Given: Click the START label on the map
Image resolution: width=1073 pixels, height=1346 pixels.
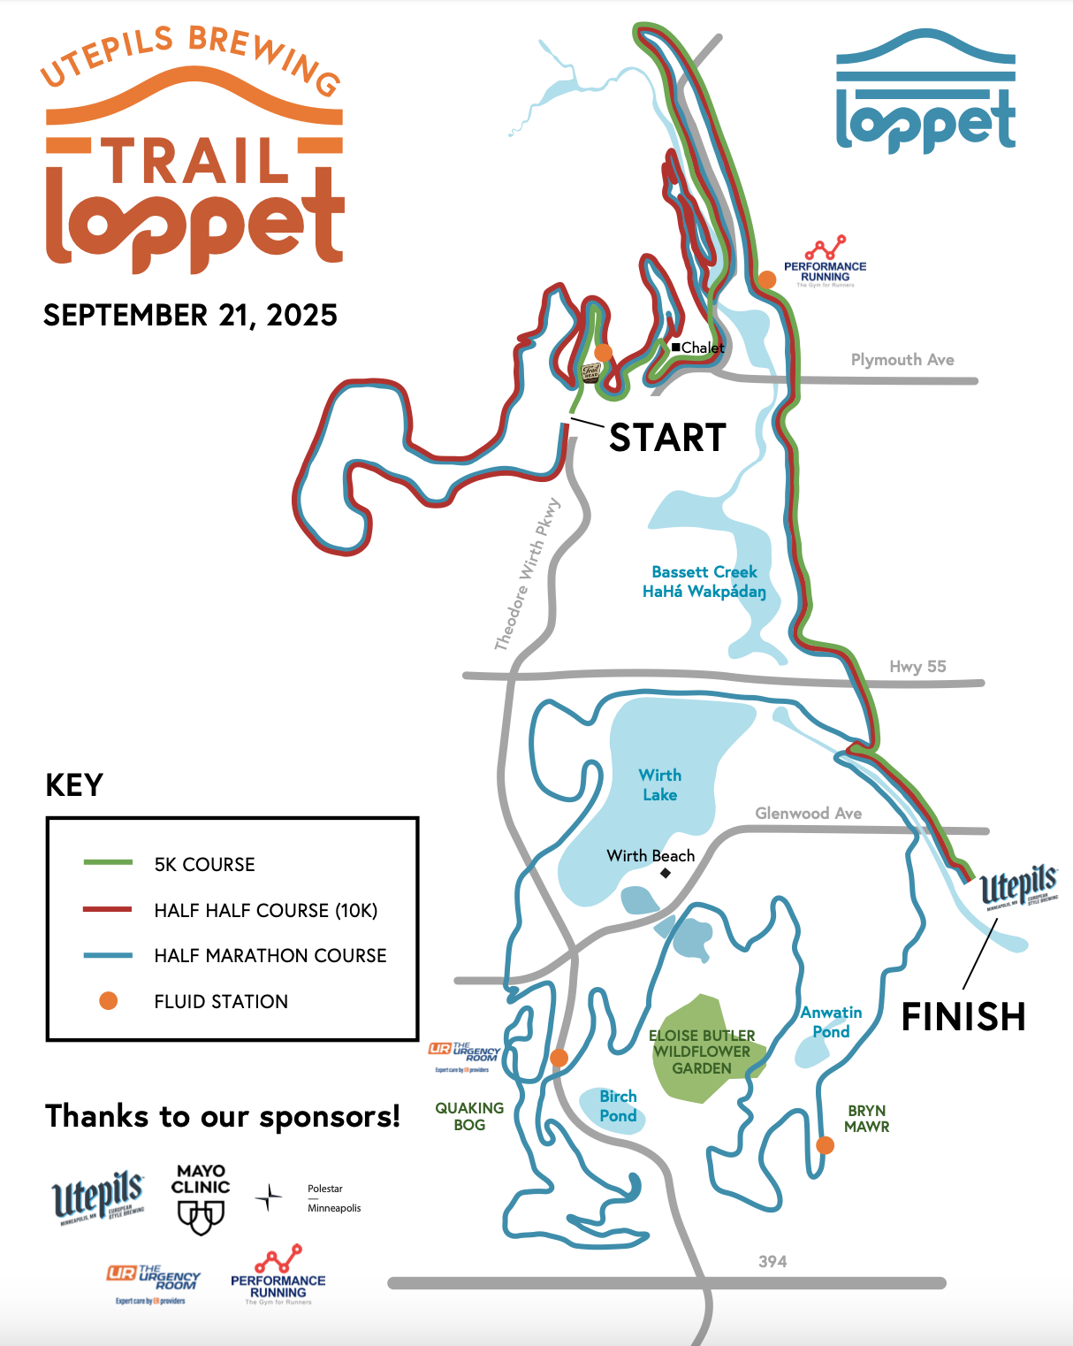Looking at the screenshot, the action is point(667,438).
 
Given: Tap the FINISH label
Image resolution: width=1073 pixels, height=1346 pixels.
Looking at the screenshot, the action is point(963,1017).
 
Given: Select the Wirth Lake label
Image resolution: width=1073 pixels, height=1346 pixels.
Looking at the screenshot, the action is point(659,784).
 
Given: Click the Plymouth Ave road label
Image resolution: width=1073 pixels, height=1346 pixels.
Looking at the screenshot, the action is point(902,360).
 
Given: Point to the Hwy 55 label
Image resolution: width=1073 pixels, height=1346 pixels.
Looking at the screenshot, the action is point(917,667).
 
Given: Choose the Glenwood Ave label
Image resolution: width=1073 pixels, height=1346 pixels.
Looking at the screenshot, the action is point(808,813).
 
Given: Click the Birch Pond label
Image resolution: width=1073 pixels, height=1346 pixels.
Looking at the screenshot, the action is point(618,1106).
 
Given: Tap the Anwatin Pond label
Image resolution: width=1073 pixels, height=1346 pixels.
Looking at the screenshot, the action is point(831,1022).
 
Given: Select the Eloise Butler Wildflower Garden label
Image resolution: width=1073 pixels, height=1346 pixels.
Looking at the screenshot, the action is point(702,1052).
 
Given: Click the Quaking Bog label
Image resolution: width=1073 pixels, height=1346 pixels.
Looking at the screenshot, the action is point(469,1116).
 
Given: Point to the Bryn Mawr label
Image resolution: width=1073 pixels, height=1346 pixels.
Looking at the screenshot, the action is point(866,1119).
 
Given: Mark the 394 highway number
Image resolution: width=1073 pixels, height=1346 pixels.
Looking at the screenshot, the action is point(772,1261).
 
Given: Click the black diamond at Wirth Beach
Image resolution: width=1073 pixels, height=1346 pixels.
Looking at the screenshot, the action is point(666,873).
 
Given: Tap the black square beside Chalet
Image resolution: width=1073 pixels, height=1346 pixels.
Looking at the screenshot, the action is point(676,348).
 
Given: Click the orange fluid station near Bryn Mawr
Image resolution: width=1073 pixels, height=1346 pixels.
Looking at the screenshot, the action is point(825,1145).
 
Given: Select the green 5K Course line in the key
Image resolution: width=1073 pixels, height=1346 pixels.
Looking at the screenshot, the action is point(108,862).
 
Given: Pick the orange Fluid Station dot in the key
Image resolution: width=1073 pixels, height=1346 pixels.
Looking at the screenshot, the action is point(108,1001).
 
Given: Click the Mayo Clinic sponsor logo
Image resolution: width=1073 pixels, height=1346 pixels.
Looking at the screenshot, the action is point(201,1198).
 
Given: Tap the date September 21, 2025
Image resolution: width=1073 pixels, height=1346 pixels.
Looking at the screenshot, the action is point(190,316).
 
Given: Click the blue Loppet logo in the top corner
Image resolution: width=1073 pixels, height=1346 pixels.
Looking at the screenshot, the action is point(925,93).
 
